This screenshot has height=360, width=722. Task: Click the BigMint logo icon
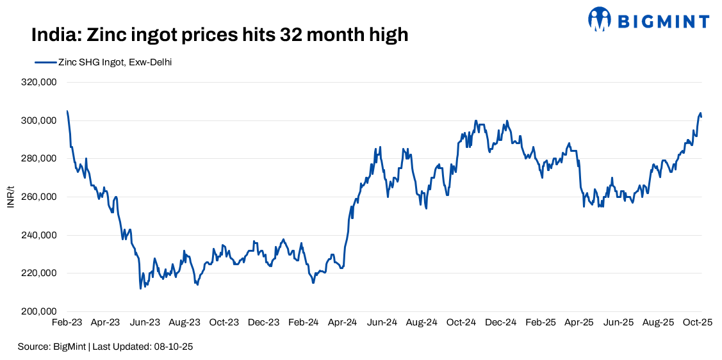(600, 19)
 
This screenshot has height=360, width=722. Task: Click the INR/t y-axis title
(10, 197)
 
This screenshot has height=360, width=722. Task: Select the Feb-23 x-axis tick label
(67, 323)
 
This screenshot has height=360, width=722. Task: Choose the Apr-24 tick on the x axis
(343, 323)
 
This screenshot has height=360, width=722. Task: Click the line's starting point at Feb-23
(67, 111)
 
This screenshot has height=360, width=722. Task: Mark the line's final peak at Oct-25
(700, 113)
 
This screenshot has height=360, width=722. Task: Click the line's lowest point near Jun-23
(140, 288)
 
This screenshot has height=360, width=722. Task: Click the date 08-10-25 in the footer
(173, 347)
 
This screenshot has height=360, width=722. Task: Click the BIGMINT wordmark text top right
(663, 21)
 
